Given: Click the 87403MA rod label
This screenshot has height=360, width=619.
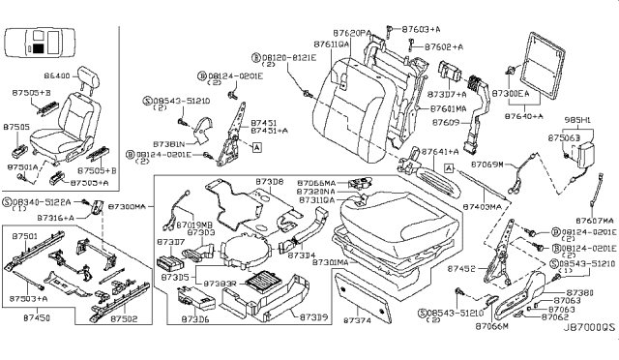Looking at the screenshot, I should tap(482, 207).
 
